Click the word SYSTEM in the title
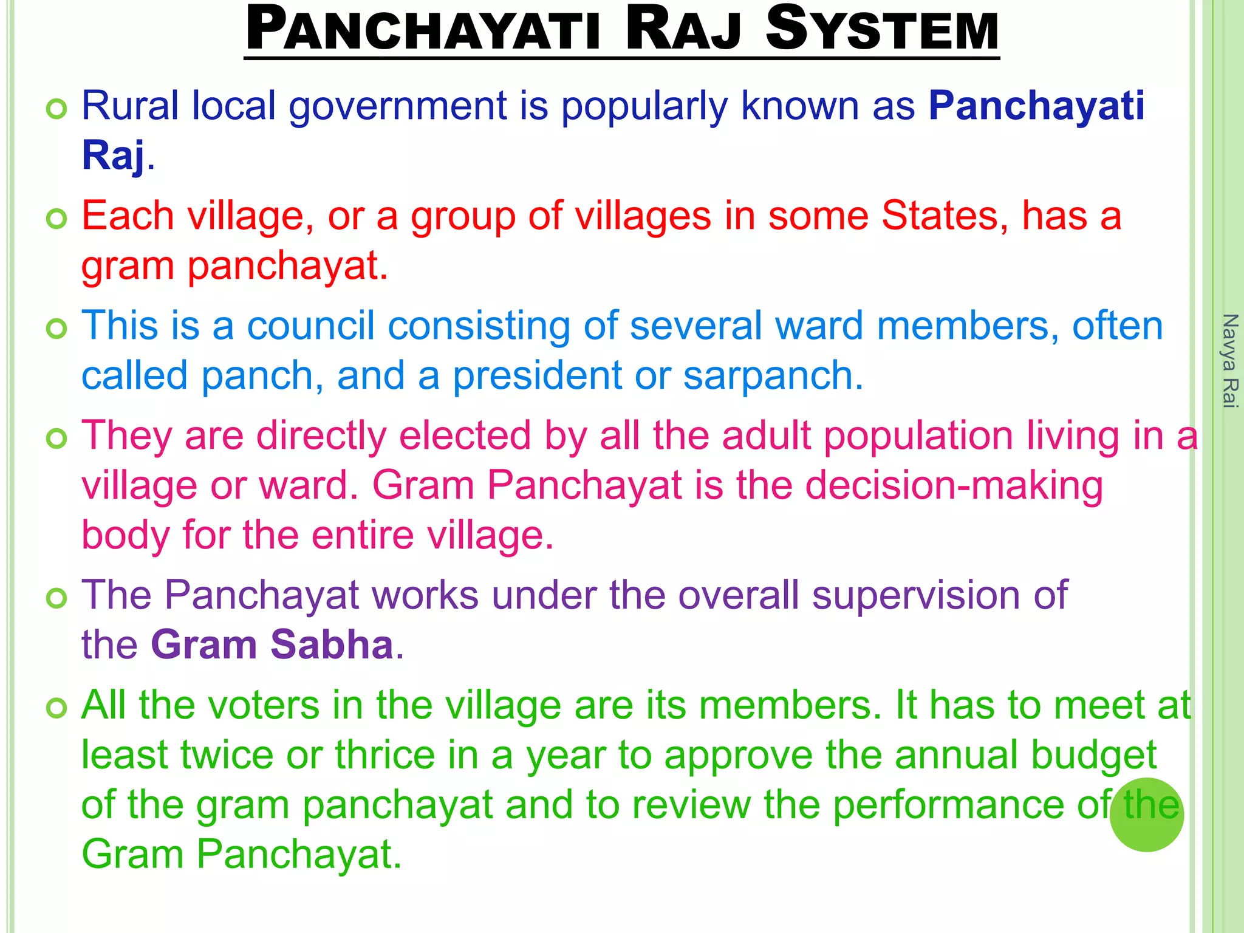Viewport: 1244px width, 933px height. pos(882,30)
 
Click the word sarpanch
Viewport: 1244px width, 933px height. pos(772,375)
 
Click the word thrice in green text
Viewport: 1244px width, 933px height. pos(385,755)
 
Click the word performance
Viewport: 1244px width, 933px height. pos(948,805)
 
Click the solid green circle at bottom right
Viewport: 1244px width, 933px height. pos(1146,815)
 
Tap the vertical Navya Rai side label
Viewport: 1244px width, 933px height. pos(1230,361)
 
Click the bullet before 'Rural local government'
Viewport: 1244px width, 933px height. pos(56,109)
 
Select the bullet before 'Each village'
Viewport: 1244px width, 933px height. pos(56,219)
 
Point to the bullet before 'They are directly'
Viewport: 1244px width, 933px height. pos(56,439)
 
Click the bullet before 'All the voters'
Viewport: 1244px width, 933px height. pos(56,708)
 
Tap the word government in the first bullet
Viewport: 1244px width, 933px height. pos(397,107)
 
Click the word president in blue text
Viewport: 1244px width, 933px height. pos(537,375)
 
